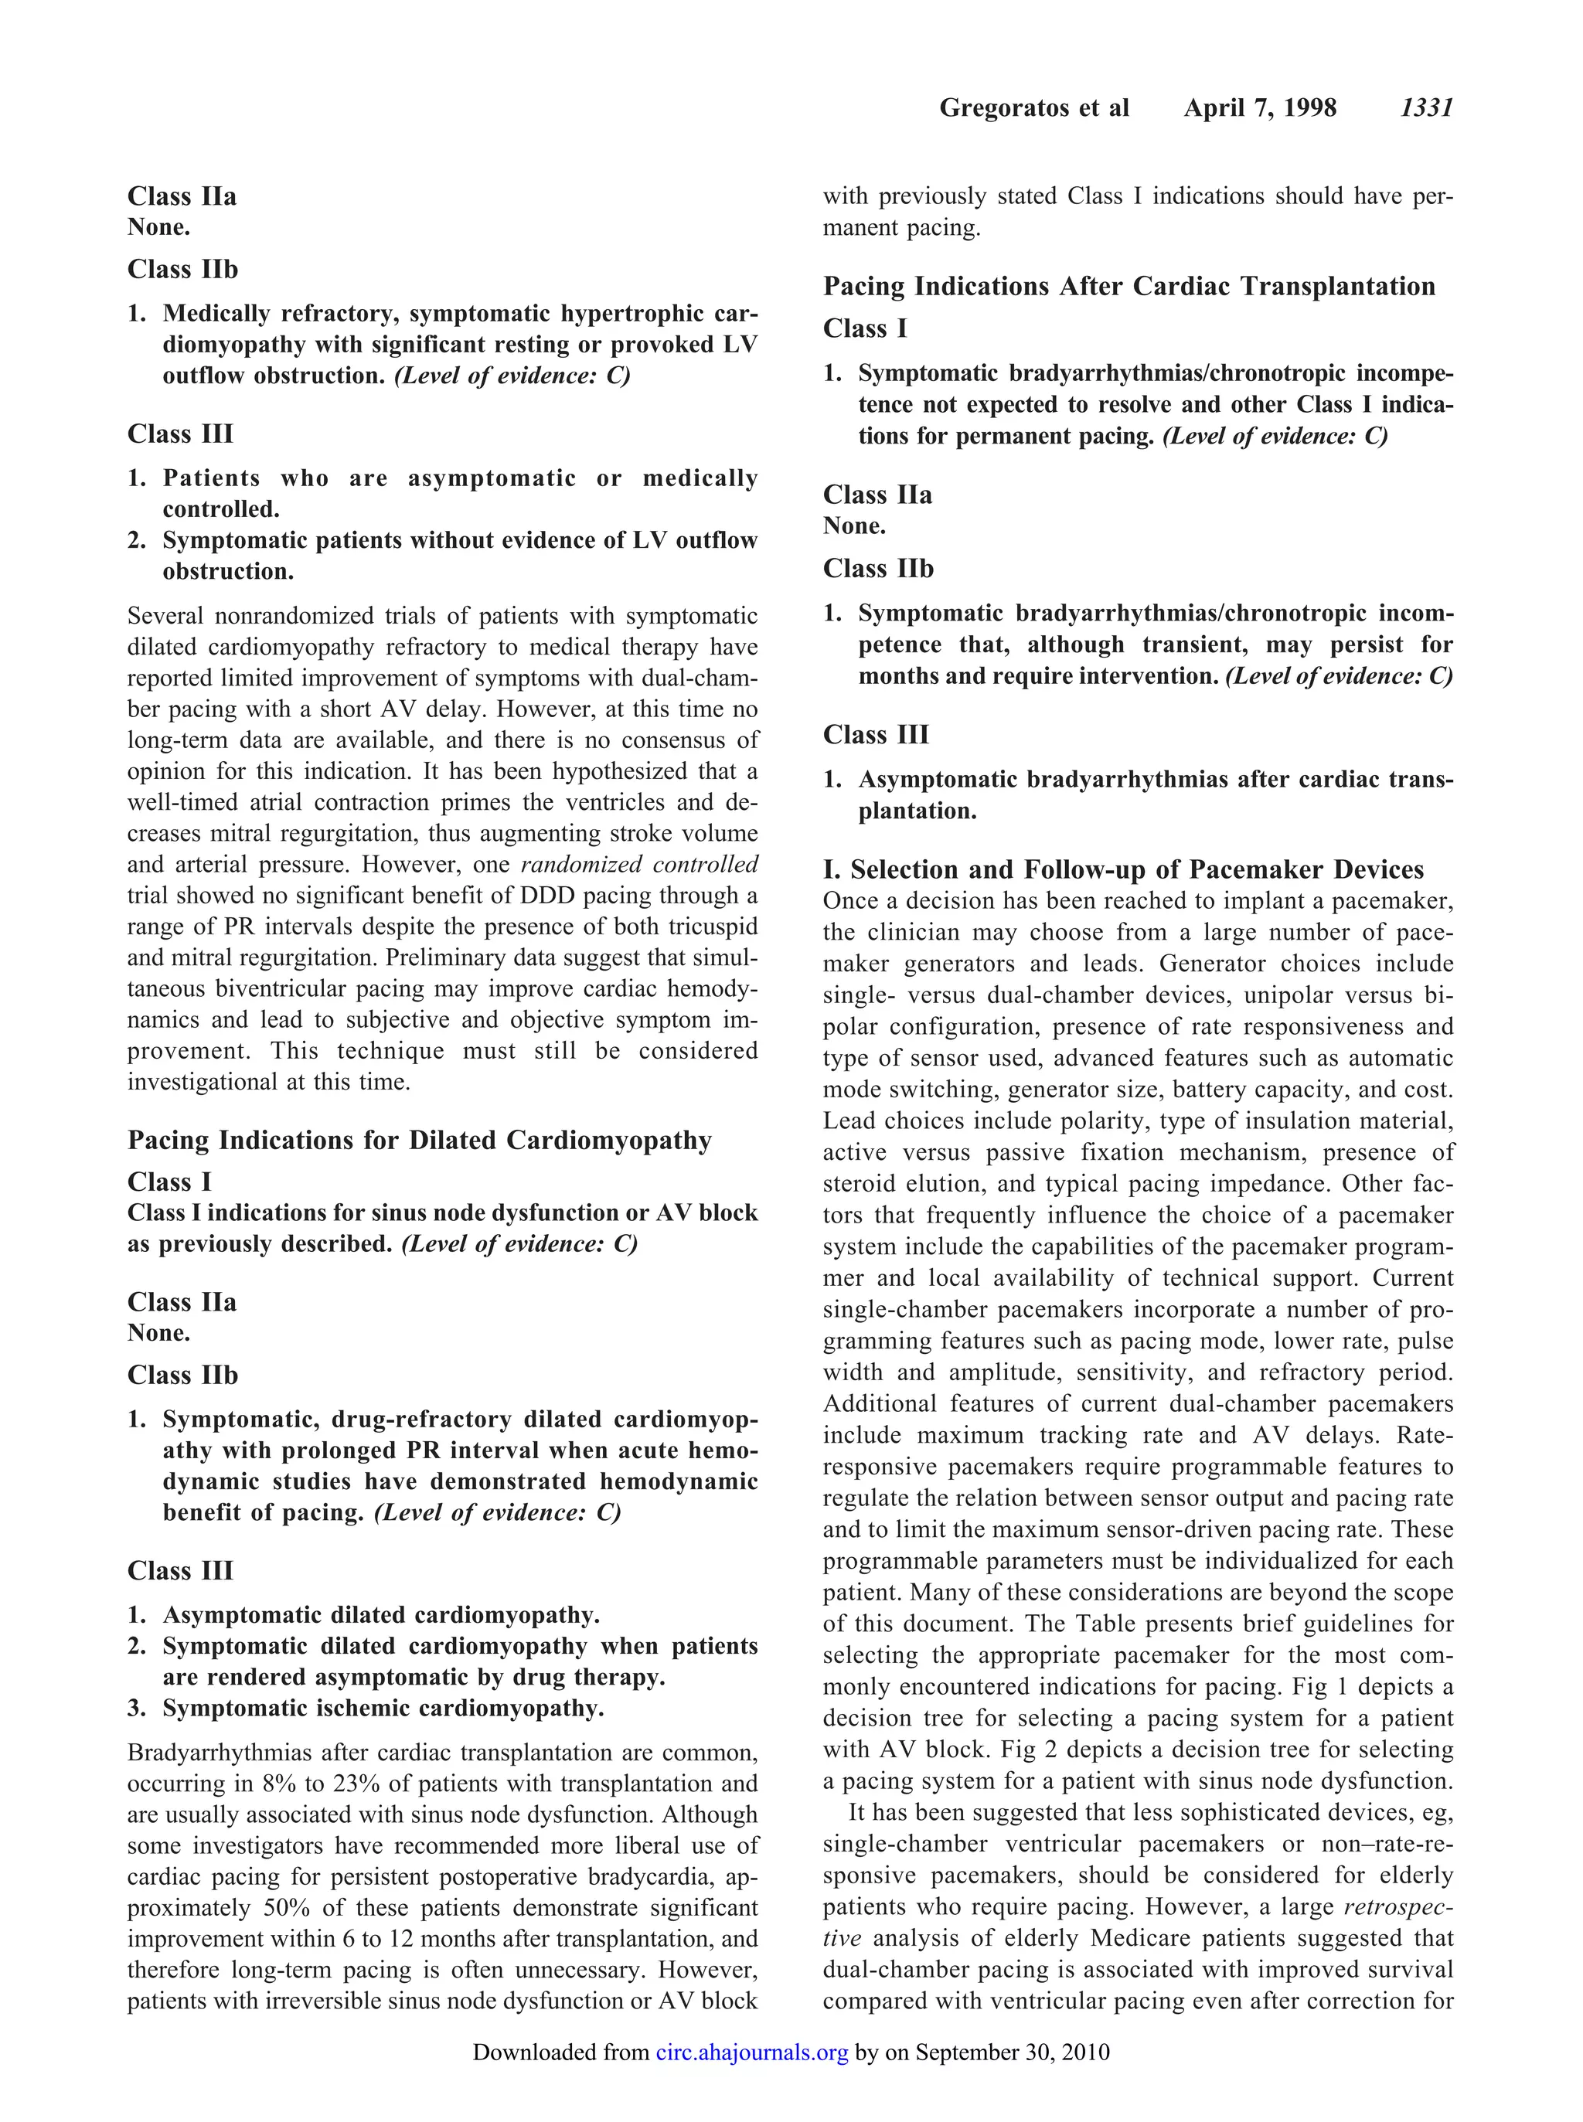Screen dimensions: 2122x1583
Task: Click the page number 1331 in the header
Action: pyautogui.click(x=1427, y=107)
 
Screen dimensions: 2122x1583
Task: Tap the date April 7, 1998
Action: pyautogui.click(x=1259, y=107)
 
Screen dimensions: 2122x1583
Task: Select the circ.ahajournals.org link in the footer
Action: pyautogui.click(x=752, y=2052)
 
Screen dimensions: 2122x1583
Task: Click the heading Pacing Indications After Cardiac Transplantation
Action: pyautogui.click(x=1129, y=287)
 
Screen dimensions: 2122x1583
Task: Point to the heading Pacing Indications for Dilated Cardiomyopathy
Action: pyautogui.click(x=420, y=1140)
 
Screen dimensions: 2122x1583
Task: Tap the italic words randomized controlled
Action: pyautogui.click(x=639, y=864)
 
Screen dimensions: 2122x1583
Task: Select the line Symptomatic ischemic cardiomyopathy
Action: pyautogui.click(x=383, y=1708)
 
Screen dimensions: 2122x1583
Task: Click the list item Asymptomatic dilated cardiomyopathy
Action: pyautogui.click(x=381, y=1615)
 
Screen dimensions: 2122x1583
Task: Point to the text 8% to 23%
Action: pyautogui.click(x=315, y=1784)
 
